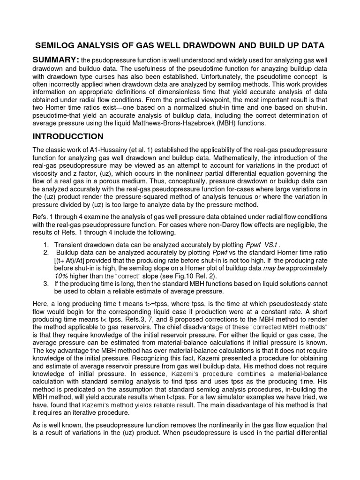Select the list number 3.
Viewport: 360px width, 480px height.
[45, 283]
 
